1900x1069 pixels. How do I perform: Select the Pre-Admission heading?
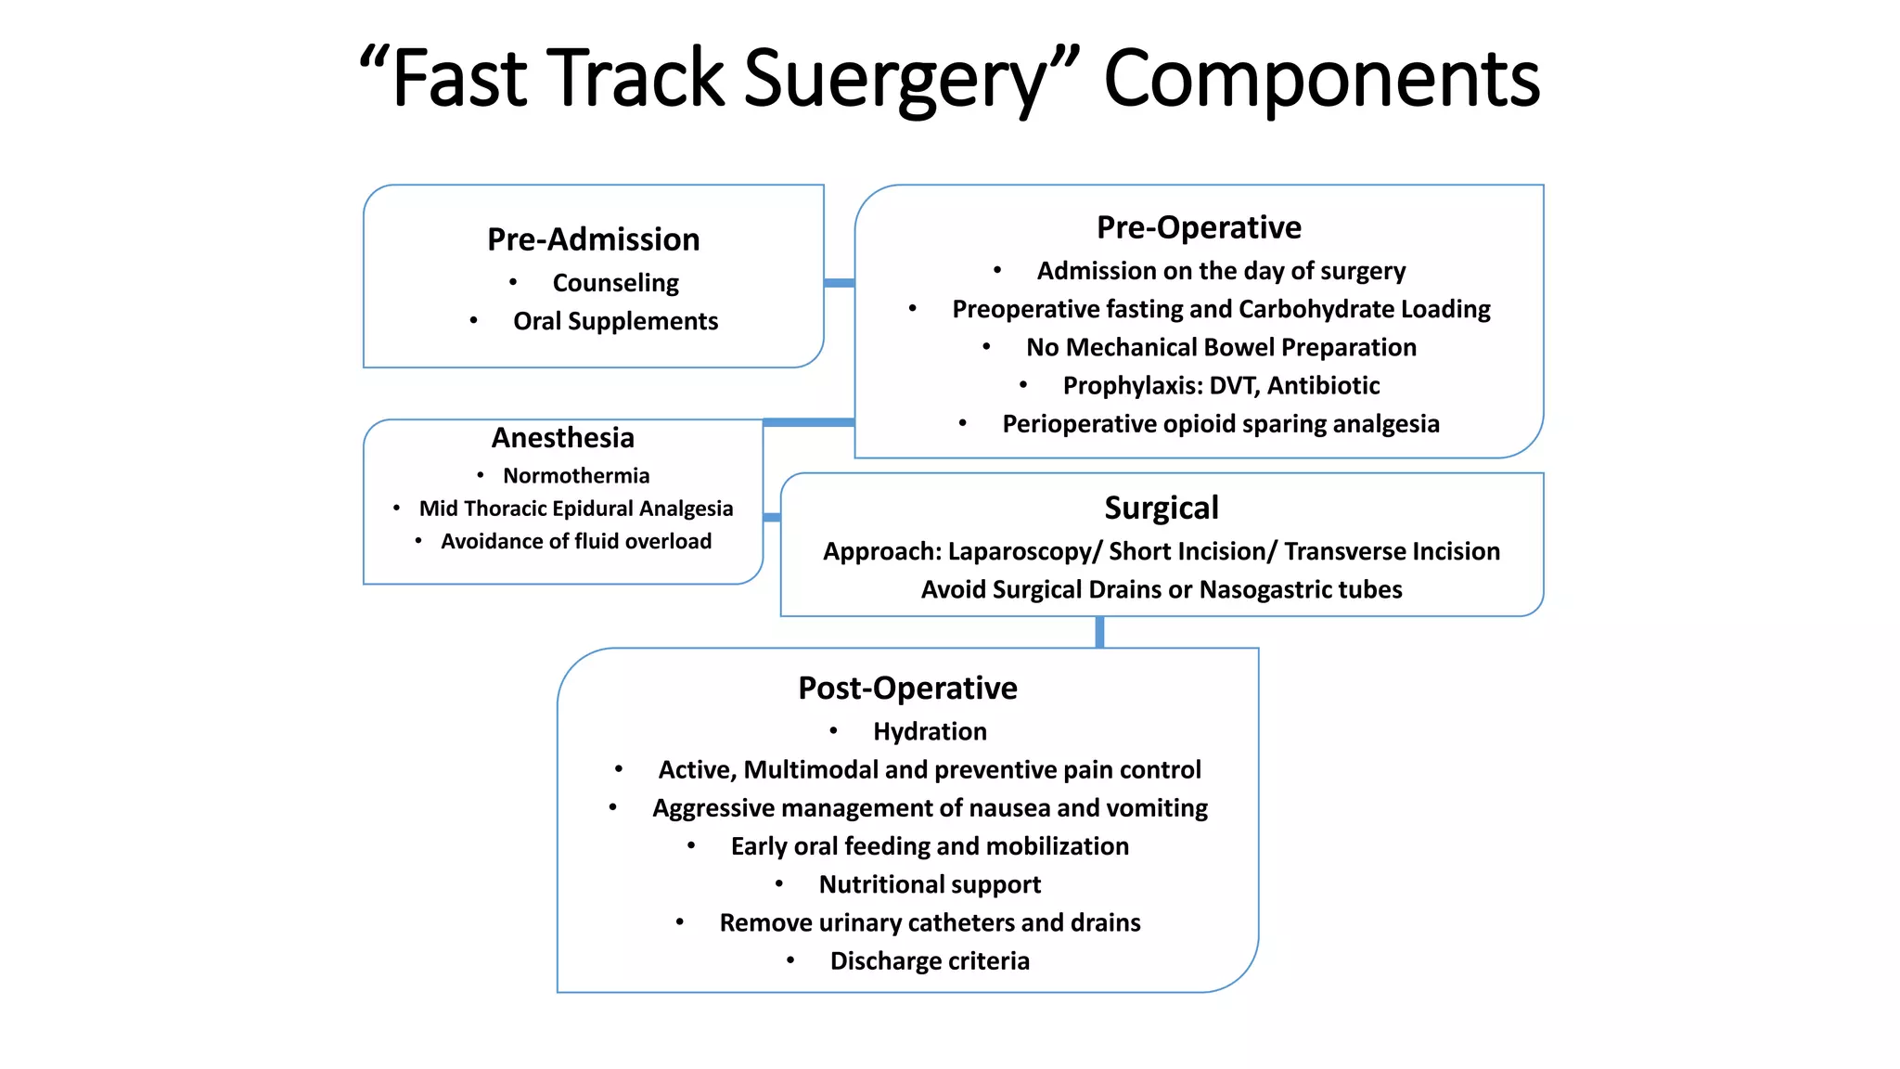(593, 239)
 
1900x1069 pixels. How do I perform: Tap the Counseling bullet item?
(615, 283)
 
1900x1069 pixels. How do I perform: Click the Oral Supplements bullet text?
(615, 321)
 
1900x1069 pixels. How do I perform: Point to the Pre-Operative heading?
(1199, 227)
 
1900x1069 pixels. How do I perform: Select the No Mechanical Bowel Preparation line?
(1221, 348)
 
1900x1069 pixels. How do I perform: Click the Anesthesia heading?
(562, 437)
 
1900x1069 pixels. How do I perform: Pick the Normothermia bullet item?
(576, 476)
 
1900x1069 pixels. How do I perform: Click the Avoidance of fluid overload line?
(576, 542)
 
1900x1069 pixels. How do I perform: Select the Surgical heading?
(1162, 509)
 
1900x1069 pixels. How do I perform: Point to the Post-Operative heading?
(907, 689)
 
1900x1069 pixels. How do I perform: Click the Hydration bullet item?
(930, 732)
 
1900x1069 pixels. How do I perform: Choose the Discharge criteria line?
(930, 961)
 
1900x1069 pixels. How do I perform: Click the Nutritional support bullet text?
(930, 885)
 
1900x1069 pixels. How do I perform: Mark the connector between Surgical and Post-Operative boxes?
(1099, 632)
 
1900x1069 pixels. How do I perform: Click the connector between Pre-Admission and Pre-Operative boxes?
(839, 283)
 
